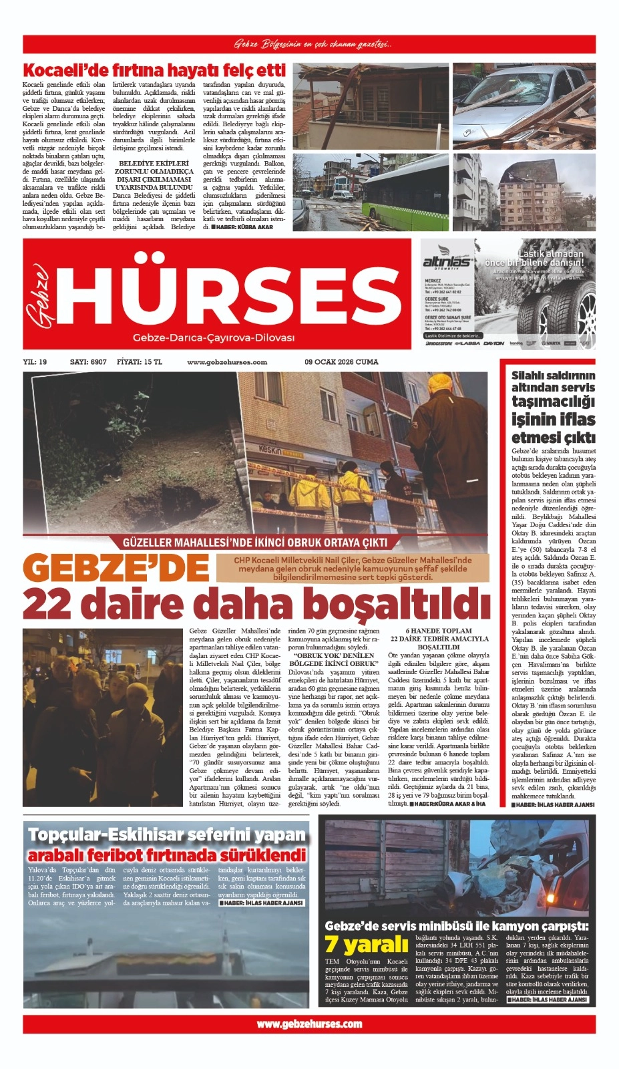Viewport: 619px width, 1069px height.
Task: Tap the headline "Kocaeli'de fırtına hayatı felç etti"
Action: coord(154,71)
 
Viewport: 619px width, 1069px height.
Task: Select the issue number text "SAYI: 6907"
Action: coord(88,362)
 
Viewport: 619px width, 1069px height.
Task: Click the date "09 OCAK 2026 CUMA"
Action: coord(341,362)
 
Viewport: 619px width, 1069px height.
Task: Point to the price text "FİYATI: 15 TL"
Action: coord(139,362)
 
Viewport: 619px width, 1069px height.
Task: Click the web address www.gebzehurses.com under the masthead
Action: coord(227,362)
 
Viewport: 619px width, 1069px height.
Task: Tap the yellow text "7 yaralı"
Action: coord(366,944)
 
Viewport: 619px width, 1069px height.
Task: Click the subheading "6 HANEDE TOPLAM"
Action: coord(439,631)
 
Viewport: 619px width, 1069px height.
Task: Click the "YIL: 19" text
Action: coord(35,362)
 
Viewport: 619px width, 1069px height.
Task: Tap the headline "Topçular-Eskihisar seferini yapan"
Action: coord(166,834)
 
